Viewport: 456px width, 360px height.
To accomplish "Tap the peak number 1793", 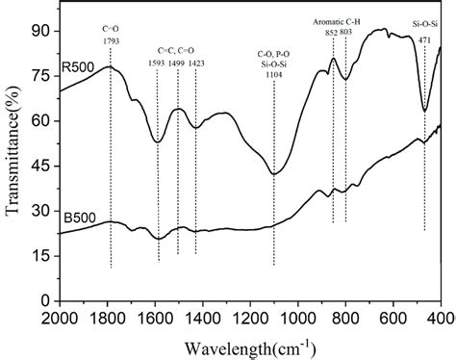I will tap(111, 43).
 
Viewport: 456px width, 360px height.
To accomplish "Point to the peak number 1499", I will tap(179, 63).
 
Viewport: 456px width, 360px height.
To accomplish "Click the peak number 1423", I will tap(196, 63).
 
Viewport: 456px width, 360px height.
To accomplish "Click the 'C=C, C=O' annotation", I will tap(177, 50).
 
